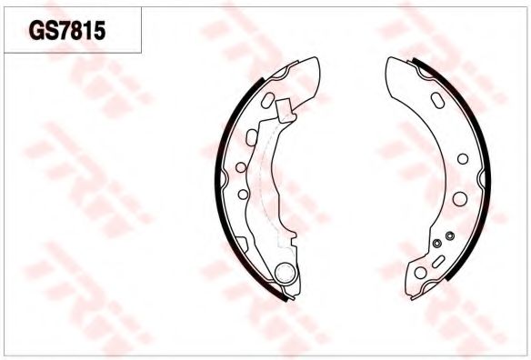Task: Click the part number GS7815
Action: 67,31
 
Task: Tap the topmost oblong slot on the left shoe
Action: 267,100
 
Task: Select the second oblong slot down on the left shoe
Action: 252,137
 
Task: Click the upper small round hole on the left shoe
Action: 241,167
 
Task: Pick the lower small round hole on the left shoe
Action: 243,194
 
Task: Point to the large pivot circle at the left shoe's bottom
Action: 285,273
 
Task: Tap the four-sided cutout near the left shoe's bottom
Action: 241,244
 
